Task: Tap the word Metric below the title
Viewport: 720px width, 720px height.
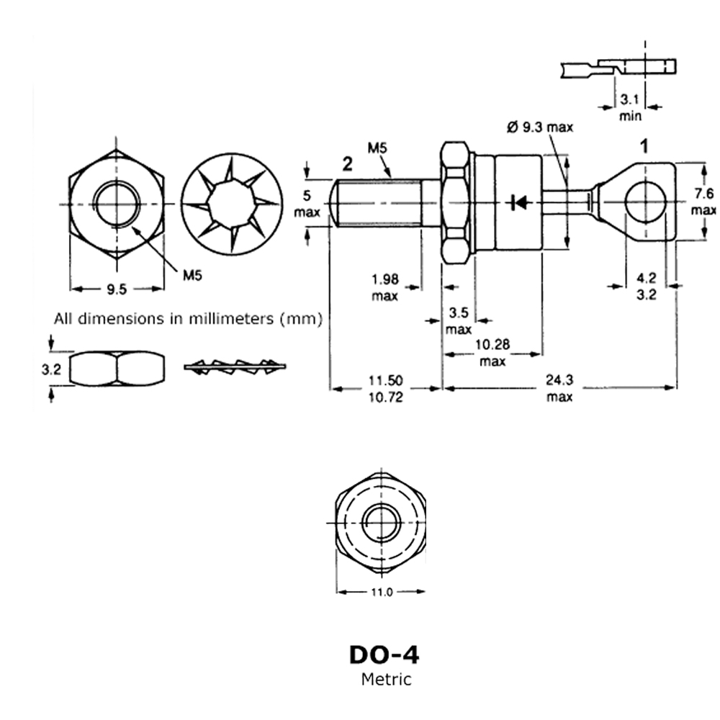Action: (x=386, y=679)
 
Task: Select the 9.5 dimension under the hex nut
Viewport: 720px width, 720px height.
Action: (x=116, y=289)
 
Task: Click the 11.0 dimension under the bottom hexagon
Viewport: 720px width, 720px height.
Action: (x=380, y=593)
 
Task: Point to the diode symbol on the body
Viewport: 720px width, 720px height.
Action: (x=515, y=202)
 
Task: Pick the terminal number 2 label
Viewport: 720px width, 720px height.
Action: (x=347, y=165)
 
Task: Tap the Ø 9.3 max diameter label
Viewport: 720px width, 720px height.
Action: (x=540, y=127)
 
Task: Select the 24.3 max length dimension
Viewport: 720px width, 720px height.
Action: (x=559, y=389)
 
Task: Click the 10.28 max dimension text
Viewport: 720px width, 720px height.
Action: (x=493, y=353)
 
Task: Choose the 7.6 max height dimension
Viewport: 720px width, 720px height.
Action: (x=703, y=202)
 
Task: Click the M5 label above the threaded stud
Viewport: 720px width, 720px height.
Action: (x=377, y=149)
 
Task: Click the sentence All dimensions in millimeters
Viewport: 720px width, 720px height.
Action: (x=187, y=319)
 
